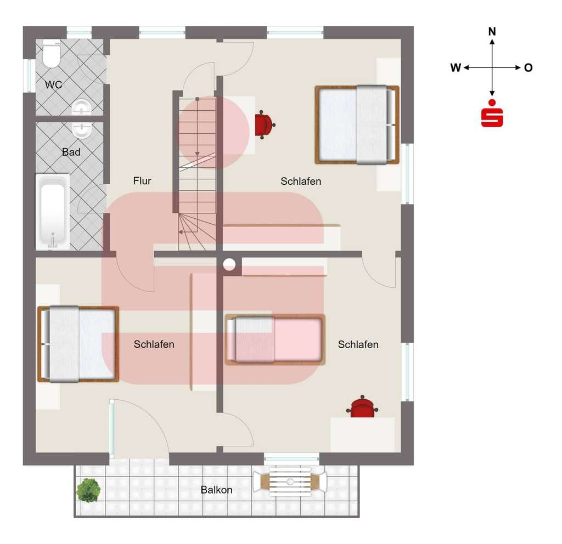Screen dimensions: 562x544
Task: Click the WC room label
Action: tap(53, 85)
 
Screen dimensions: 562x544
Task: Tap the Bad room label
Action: tap(71, 152)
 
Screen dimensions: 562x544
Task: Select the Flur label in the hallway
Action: tap(142, 181)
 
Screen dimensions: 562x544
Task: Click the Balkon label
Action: tap(216, 490)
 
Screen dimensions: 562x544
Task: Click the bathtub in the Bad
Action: tap(53, 212)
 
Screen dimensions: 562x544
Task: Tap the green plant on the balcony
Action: tap(88, 490)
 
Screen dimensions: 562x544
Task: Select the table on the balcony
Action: tap(290, 481)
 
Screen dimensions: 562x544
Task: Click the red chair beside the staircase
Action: tap(265, 124)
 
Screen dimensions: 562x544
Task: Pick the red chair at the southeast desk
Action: tap(362, 407)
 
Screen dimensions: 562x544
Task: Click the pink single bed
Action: tap(276, 339)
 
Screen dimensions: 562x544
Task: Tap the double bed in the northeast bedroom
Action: tap(357, 124)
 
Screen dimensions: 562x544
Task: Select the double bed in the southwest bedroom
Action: tap(78, 344)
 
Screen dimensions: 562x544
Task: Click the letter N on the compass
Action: tap(492, 31)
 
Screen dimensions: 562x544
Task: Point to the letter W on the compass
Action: tap(456, 67)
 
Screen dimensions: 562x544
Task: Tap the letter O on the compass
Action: tap(529, 67)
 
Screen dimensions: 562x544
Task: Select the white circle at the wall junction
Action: tap(229, 264)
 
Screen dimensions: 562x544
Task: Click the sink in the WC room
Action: tap(81, 107)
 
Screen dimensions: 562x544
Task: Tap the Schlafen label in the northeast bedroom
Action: tap(301, 181)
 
